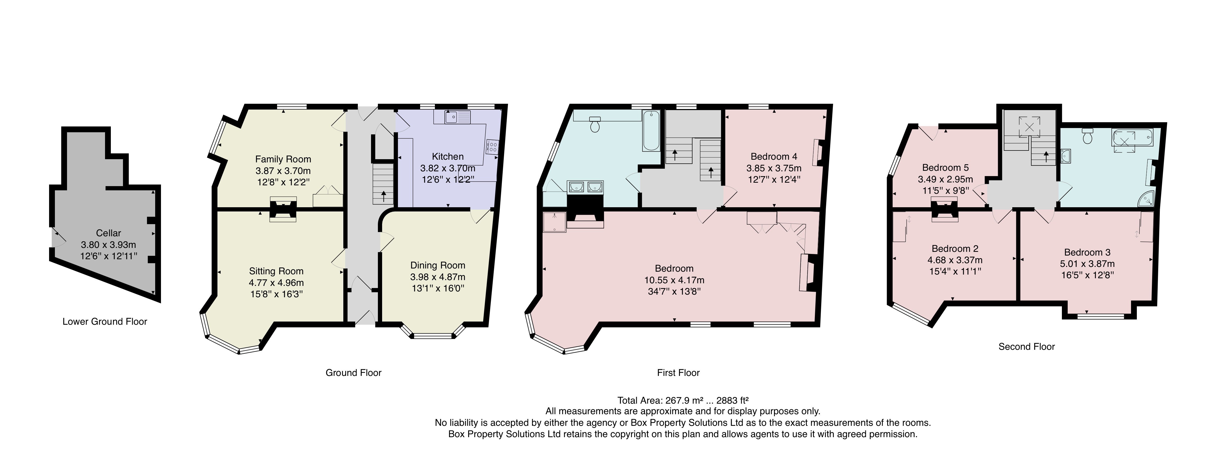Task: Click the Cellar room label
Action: pyautogui.click(x=108, y=233)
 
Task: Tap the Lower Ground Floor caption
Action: pyautogui.click(x=105, y=322)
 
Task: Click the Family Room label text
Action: pyautogui.click(x=283, y=159)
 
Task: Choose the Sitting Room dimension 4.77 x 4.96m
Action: pyautogui.click(x=276, y=283)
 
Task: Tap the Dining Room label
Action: pyautogui.click(x=438, y=265)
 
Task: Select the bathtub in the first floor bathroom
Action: pyautogui.click(x=651, y=131)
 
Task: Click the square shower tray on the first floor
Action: pyautogui.click(x=554, y=222)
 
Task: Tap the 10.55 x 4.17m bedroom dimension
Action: pyautogui.click(x=674, y=280)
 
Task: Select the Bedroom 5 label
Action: pyautogui.click(x=945, y=168)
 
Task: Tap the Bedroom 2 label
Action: pyautogui.click(x=955, y=248)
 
